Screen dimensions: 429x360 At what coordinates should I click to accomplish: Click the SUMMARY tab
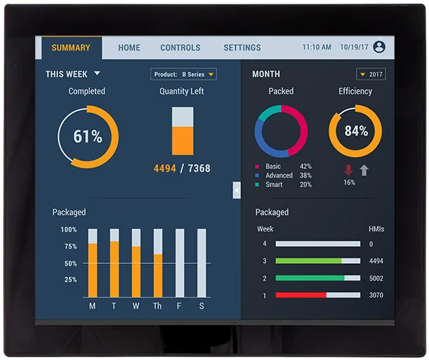[x=71, y=48]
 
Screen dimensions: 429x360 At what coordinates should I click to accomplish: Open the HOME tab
[x=129, y=48]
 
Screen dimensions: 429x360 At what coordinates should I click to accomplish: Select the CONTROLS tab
[x=180, y=48]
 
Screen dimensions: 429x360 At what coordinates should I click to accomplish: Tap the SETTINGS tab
[x=242, y=48]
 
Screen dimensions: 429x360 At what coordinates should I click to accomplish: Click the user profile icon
[x=379, y=47]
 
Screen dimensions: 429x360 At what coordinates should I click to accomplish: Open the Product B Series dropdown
[x=183, y=74]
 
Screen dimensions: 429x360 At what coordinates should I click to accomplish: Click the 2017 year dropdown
[x=371, y=74]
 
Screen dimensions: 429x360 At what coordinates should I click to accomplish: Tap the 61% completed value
[x=88, y=136]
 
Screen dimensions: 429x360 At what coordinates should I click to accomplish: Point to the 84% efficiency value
[x=356, y=131]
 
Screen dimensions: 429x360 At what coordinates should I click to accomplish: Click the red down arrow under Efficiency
[x=348, y=170]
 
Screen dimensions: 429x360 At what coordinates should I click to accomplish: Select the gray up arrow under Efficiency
[x=364, y=171]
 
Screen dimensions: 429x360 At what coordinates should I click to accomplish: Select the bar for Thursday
[x=158, y=263]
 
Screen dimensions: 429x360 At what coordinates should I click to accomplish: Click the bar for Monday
[x=93, y=263]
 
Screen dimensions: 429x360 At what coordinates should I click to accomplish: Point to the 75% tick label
[x=71, y=246]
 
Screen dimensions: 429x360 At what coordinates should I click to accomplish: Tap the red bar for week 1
[x=301, y=295]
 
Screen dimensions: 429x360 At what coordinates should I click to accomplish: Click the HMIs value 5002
[x=376, y=279]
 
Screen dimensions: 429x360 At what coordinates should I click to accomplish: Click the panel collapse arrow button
[x=237, y=190]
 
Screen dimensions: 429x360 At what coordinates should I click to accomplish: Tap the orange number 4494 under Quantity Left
[x=165, y=168]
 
